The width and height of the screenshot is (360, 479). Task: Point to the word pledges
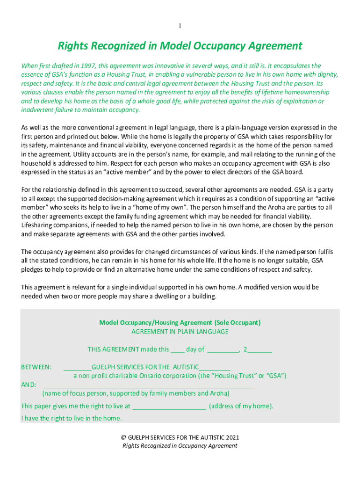click(33, 270)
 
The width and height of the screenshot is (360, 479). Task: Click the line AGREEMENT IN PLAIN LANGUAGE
click(180, 332)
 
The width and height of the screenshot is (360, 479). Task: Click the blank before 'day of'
click(177, 349)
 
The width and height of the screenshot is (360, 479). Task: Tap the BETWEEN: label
click(36, 367)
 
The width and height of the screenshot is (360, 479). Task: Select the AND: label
click(29, 385)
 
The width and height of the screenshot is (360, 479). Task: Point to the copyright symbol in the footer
click(123, 437)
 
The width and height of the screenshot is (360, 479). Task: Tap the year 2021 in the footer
click(232, 437)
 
